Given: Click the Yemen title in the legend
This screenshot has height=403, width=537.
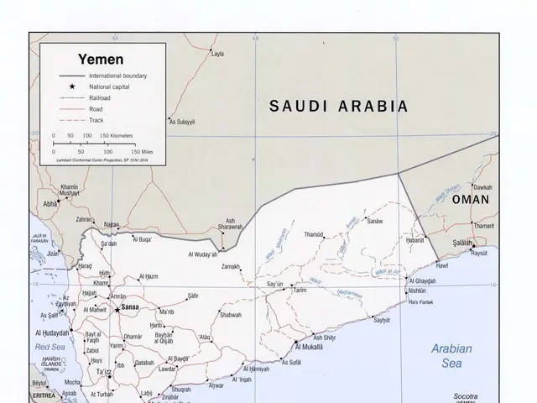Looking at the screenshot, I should (101, 60).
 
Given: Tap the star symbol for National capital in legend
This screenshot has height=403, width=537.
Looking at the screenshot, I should (73, 86).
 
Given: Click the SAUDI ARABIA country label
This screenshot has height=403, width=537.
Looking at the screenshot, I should (338, 107).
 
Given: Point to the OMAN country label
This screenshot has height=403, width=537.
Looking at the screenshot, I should (470, 201).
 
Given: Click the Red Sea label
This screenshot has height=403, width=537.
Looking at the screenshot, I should (49, 346).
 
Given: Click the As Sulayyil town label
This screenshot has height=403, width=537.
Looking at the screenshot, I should (182, 122).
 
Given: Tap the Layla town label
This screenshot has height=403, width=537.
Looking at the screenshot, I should (218, 54).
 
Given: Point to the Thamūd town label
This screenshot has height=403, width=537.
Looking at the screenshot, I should (314, 234).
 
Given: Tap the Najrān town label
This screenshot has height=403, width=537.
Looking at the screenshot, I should (111, 225).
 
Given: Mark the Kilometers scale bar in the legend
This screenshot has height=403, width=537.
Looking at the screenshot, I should (83, 140).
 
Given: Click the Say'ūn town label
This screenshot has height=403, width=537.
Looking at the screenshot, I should (274, 285).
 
